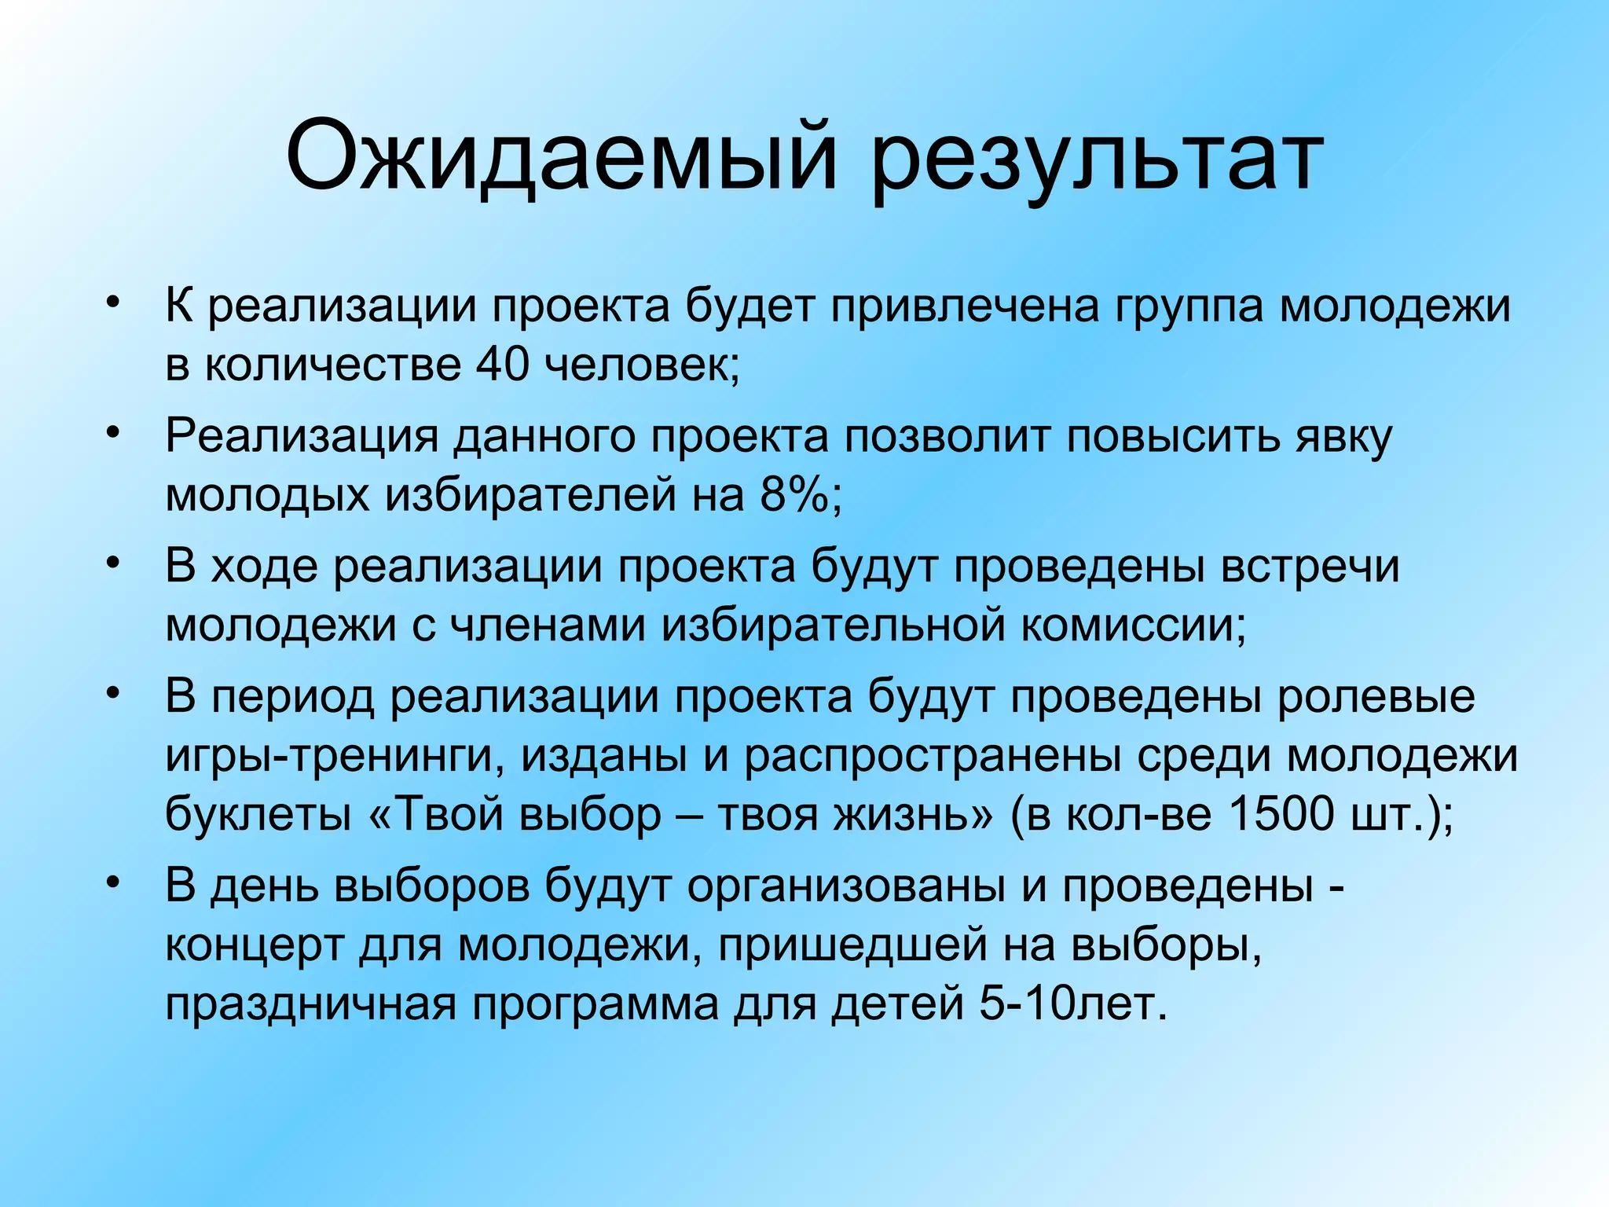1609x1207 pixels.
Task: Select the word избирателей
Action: pos(530,495)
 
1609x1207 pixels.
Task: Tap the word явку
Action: pos(1343,437)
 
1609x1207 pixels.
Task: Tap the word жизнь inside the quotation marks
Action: pos(903,813)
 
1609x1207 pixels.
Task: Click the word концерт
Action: pos(255,946)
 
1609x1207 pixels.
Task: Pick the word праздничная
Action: pos(310,1006)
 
